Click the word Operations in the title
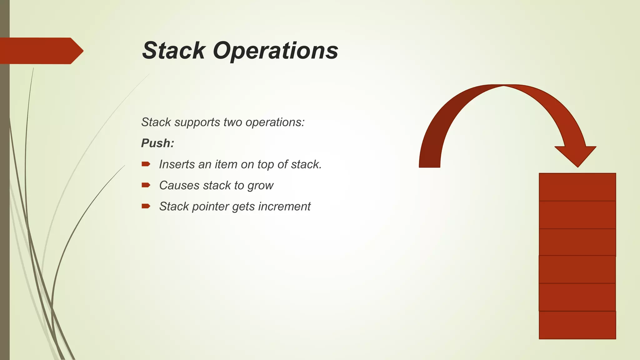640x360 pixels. [x=276, y=51]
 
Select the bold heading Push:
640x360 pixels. [x=157, y=143]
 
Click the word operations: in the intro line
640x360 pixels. [x=275, y=122]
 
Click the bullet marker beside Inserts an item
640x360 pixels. [x=146, y=164]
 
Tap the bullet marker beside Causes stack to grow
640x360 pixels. [x=146, y=185]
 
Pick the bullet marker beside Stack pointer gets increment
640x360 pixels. [x=146, y=206]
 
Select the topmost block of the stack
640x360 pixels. [x=577, y=187]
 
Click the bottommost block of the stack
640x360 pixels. [x=577, y=325]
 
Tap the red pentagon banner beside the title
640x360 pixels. [x=41, y=51]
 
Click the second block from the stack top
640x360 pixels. [x=577, y=215]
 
